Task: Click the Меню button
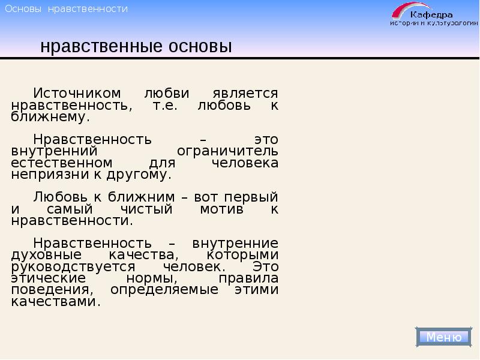[x=444, y=337]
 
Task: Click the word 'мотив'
[x=221, y=209]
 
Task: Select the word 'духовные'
[x=42, y=255]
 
